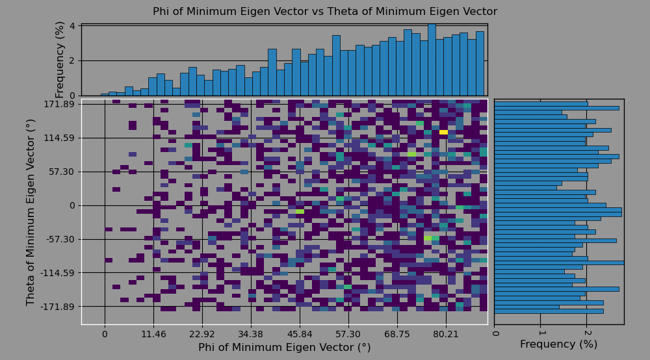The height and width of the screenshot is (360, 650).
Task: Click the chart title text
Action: click(x=325, y=12)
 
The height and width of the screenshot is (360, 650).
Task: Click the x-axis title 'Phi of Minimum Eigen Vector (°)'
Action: click(x=284, y=348)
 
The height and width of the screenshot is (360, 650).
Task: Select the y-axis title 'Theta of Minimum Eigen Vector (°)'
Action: click(x=31, y=212)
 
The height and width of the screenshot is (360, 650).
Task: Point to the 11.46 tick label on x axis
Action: click(x=153, y=335)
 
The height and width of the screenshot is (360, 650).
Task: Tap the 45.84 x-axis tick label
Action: click(x=300, y=335)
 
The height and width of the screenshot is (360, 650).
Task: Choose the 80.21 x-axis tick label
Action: click(x=446, y=335)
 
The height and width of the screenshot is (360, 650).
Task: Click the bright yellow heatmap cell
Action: click(x=443, y=133)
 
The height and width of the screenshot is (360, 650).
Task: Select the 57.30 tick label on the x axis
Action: click(x=348, y=335)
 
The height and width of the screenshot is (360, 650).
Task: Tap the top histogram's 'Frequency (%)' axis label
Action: click(x=60, y=59)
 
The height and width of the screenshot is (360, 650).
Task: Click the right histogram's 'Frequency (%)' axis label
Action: click(x=558, y=344)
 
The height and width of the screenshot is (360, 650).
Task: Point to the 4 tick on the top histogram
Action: click(x=73, y=26)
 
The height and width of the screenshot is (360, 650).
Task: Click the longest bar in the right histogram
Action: click(x=558, y=263)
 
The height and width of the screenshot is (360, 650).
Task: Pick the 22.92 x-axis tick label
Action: click(x=202, y=335)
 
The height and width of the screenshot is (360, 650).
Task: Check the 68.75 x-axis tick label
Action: click(x=397, y=335)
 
